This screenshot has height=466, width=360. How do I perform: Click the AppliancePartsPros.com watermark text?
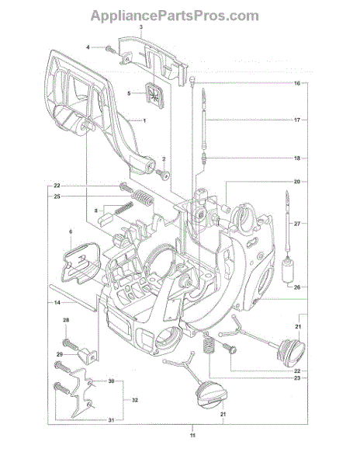click(x=175, y=16)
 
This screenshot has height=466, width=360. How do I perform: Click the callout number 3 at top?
click(x=141, y=26)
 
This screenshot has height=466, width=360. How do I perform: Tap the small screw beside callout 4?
click(x=110, y=49)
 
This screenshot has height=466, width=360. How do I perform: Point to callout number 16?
click(x=297, y=83)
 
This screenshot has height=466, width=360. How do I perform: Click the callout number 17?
click(x=297, y=120)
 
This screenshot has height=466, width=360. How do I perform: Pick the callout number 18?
click(x=297, y=158)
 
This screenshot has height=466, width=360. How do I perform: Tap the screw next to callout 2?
click(x=163, y=174)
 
